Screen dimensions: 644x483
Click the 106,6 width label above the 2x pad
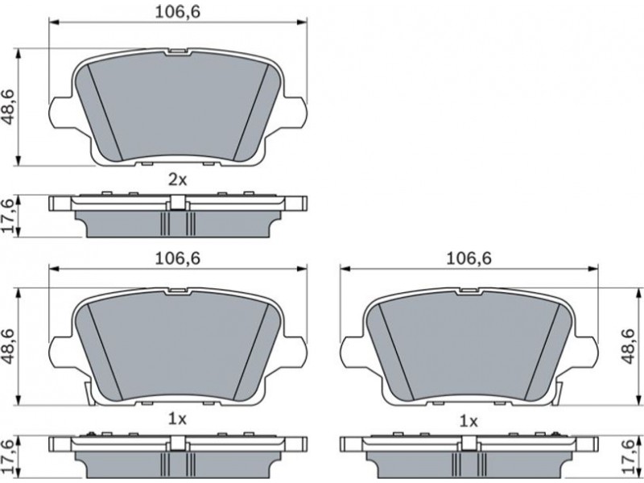click(177, 12)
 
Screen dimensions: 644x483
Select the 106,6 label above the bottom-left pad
click(177, 258)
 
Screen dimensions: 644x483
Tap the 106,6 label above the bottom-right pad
click(469, 258)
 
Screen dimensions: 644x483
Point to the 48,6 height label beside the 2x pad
click(9, 107)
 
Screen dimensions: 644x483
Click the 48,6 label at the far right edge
click(629, 346)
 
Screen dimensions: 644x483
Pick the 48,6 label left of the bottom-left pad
click(9, 346)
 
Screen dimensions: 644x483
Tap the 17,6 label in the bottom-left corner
click(9, 456)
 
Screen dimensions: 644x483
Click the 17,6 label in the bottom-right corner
click(629, 456)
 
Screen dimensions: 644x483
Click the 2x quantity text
click(177, 180)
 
